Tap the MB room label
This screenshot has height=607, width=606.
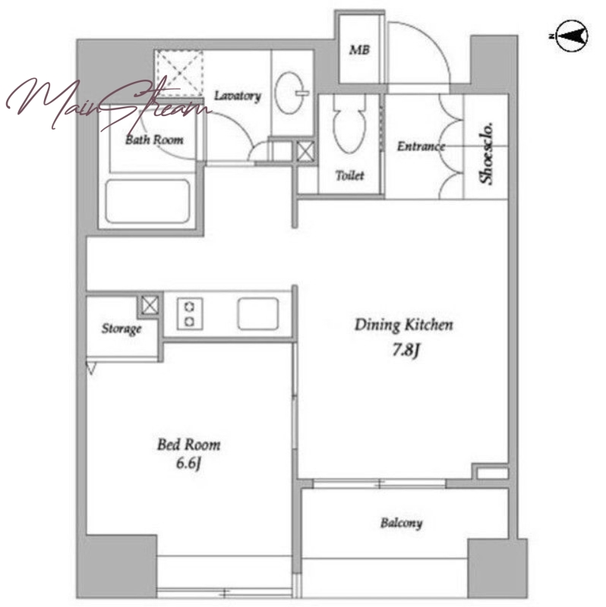pyautogui.click(x=359, y=49)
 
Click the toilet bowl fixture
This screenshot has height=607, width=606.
pyautogui.click(x=349, y=127)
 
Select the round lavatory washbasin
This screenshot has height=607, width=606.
pyautogui.click(x=290, y=93)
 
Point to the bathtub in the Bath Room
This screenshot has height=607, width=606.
pyautogui.click(x=147, y=201)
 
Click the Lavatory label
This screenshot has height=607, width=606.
pyautogui.click(x=238, y=96)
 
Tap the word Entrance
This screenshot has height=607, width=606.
pyautogui.click(x=421, y=146)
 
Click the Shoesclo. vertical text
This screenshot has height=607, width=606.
pyautogui.click(x=487, y=153)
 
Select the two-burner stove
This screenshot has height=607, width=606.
pyautogui.click(x=190, y=313)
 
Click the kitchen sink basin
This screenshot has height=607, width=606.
pyautogui.click(x=258, y=313)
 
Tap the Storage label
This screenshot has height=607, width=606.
pyautogui.click(x=122, y=329)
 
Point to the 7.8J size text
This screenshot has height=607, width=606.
pyautogui.click(x=406, y=351)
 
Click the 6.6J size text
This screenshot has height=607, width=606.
pyautogui.click(x=188, y=463)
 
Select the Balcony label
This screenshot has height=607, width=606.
pyautogui.click(x=401, y=524)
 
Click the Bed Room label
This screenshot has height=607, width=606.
pyautogui.click(x=188, y=445)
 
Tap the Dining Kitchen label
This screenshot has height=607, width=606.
pyautogui.click(x=404, y=326)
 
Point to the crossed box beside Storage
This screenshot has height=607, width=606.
pyautogui.click(x=150, y=305)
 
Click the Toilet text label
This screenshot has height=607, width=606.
pyautogui.click(x=350, y=176)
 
